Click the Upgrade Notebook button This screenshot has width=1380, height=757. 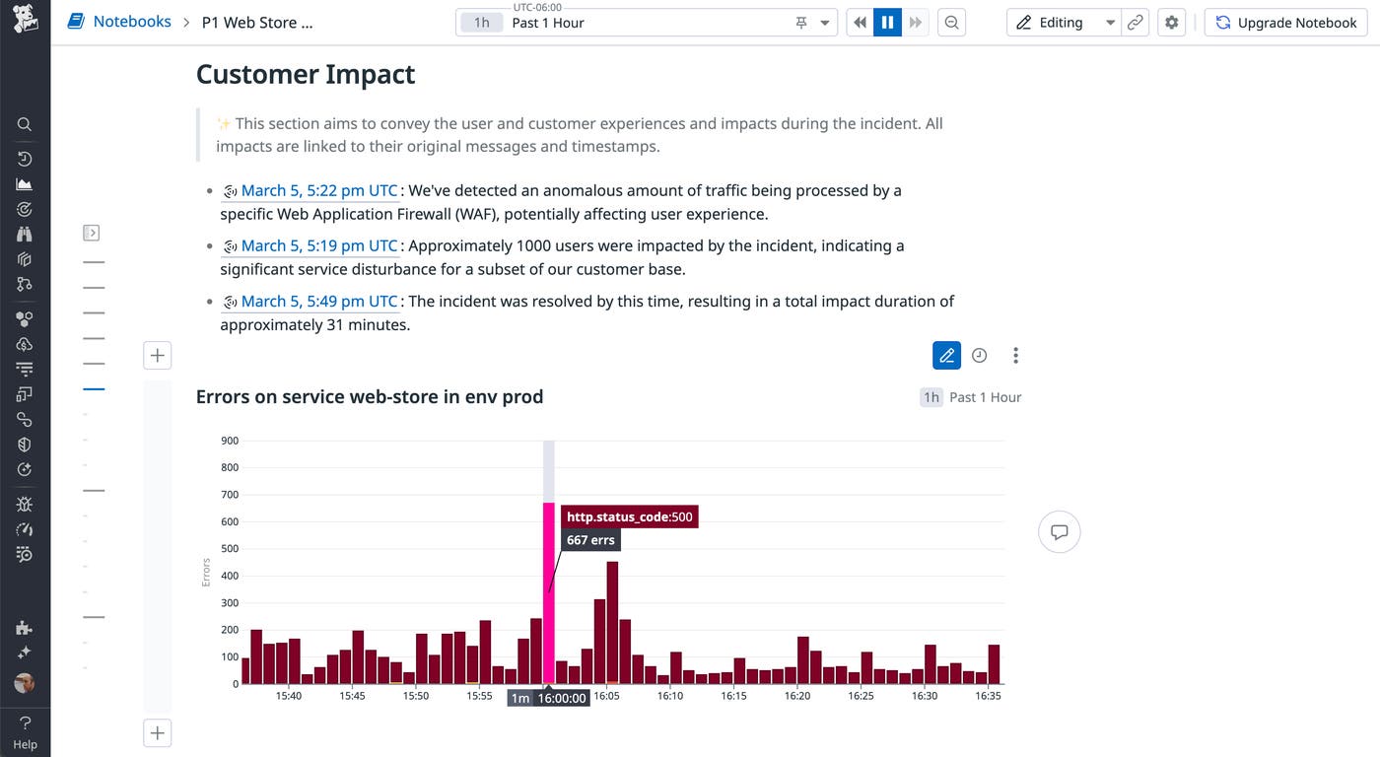(1285, 23)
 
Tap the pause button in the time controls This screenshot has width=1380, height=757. (887, 23)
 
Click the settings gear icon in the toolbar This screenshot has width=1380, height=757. (1171, 23)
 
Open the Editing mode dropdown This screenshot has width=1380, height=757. (1110, 23)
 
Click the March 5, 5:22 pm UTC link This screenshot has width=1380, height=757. (318, 190)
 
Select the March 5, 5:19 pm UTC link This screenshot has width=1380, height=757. (318, 245)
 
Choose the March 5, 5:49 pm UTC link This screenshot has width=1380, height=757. (318, 301)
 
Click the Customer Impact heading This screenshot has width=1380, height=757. (306, 75)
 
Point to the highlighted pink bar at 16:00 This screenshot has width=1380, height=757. (549, 591)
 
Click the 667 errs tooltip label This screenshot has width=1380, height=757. (590, 540)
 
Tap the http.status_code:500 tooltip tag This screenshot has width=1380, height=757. (629, 516)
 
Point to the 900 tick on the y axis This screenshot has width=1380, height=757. (229, 441)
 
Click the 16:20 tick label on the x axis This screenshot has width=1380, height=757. (796, 696)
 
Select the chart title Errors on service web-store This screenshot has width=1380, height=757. (370, 396)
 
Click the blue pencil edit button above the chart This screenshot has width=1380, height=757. (946, 355)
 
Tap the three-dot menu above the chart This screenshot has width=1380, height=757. (1015, 355)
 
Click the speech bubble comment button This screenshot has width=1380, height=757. (1060, 532)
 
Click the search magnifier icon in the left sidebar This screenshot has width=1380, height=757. (25, 124)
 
